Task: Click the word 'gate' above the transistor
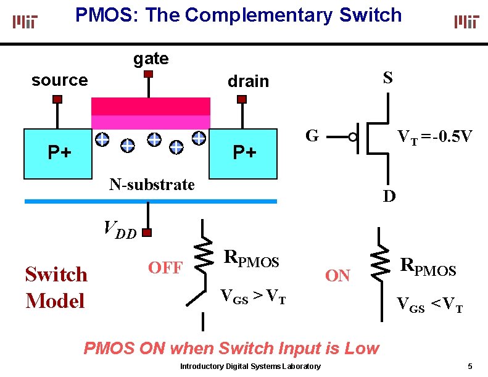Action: (151, 59)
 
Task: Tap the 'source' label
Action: (60, 80)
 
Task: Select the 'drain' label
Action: (249, 81)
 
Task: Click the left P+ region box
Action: (57, 153)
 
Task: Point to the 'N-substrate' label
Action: (152, 184)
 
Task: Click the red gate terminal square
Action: (148, 75)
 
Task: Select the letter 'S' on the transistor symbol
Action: (387, 78)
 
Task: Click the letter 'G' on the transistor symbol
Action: (313, 136)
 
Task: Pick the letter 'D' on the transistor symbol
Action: (389, 196)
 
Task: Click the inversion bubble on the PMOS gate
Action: (353, 137)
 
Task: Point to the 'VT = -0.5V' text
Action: (435, 137)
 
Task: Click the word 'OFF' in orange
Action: (165, 268)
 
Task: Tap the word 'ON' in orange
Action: (337, 276)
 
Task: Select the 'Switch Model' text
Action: (56, 288)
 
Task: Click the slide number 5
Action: (470, 367)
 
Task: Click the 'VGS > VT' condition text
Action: (253, 297)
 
